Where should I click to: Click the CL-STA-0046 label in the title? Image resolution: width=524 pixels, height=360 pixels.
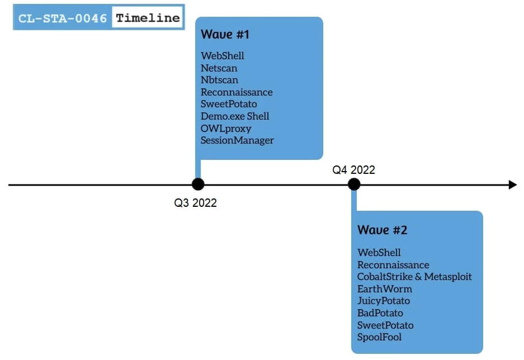(63, 18)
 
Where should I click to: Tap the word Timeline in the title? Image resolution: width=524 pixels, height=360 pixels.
(148, 17)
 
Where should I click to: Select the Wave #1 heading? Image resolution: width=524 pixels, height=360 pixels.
(225, 35)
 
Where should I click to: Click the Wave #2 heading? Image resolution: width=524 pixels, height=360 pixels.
(382, 230)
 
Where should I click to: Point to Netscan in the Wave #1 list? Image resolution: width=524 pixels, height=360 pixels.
(219, 68)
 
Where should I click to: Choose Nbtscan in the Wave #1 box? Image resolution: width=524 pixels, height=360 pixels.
(219, 80)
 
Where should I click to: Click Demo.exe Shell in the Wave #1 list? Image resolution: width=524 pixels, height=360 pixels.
(234, 116)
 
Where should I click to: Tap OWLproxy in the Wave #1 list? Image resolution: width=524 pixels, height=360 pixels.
(226, 129)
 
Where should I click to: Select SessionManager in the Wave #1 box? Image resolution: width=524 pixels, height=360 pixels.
(237, 140)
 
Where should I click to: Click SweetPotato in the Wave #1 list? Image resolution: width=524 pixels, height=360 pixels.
(229, 104)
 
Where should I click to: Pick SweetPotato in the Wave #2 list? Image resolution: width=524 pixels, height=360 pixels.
(385, 325)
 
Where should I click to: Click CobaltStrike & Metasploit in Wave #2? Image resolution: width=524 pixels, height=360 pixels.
(414, 277)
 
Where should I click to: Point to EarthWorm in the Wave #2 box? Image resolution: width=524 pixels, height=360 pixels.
(384, 289)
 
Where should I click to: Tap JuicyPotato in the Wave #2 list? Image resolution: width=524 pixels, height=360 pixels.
(383, 301)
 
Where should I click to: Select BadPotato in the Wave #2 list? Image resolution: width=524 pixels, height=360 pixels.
(380, 313)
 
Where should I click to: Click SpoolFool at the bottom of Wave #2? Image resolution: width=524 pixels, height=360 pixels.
(379, 337)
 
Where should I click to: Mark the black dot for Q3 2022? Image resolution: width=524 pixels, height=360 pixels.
(198, 184)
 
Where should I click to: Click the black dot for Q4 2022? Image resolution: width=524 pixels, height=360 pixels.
(354, 184)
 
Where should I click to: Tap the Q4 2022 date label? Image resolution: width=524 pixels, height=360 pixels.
(353, 169)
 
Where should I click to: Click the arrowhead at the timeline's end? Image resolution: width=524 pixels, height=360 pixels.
(513, 184)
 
